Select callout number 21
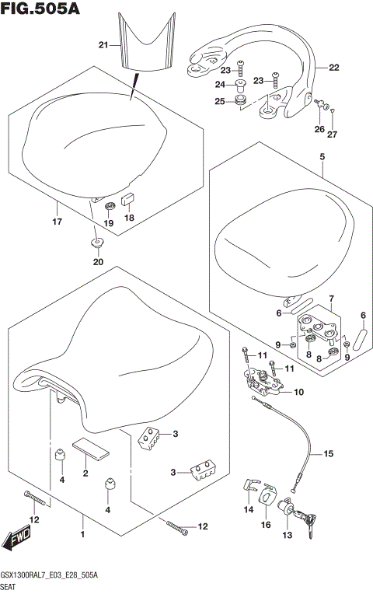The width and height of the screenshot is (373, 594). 103,45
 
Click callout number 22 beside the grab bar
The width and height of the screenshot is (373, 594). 334,68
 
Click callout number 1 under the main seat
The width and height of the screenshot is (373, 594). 82,534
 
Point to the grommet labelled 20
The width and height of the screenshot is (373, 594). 97,243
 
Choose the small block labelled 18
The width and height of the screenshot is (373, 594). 127,199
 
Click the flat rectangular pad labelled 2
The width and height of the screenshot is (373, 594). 92,450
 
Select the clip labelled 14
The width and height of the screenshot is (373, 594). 251,485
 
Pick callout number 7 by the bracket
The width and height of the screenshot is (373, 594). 331,299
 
